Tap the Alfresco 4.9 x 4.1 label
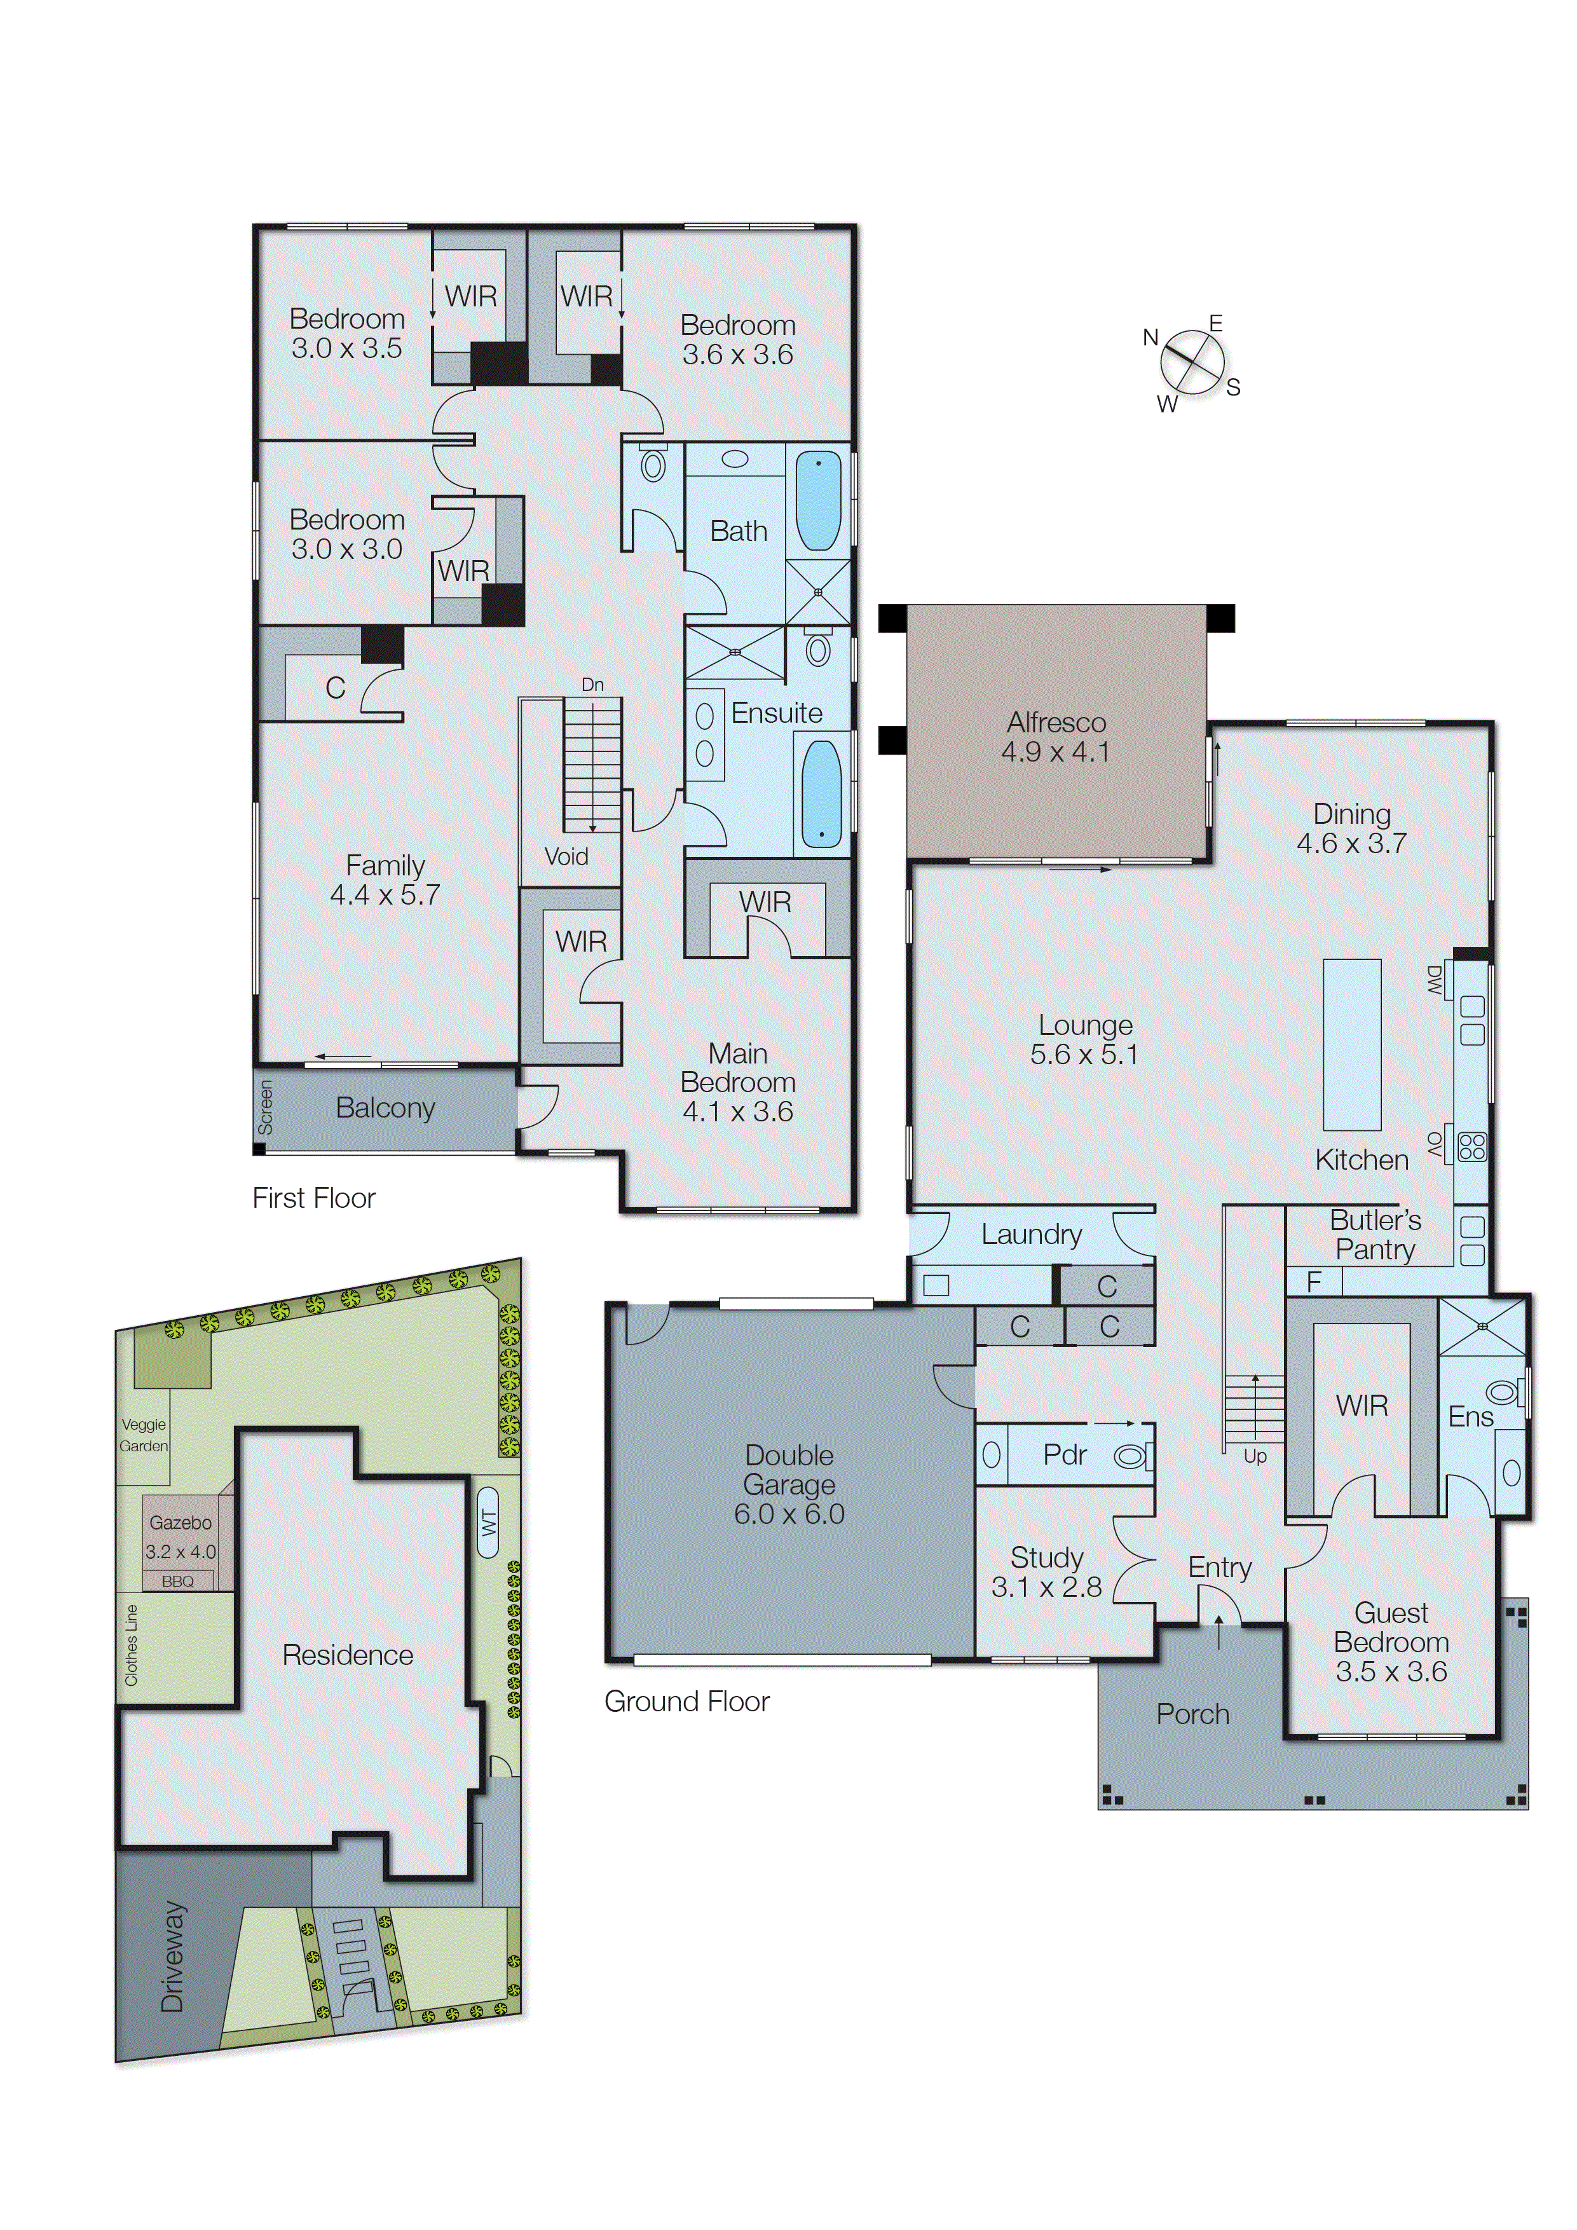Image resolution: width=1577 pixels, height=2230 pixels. pyautogui.click(x=1056, y=737)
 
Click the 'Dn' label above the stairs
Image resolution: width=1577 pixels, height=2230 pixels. pyautogui.click(x=592, y=685)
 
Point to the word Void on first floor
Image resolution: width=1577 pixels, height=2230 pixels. pyautogui.click(x=566, y=857)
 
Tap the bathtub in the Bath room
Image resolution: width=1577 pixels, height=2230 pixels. pyautogui.click(x=819, y=501)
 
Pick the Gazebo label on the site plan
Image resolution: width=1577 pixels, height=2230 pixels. pyautogui.click(x=181, y=1523)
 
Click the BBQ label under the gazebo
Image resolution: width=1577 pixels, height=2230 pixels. pyautogui.click(x=178, y=1581)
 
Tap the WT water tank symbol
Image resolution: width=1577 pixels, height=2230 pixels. pyautogui.click(x=488, y=1522)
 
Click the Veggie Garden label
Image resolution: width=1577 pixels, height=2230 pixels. pyautogui.click(x=144, y=1435)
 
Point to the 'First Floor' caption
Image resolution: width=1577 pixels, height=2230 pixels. pyautogui.click(x=313, y=1198)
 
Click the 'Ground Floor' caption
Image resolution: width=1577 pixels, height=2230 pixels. pyautogui.click(x=686, y=1702)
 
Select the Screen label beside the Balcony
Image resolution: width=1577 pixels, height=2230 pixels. pyautogui.click(x=265, y=1108)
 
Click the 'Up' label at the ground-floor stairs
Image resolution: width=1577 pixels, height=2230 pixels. pyautogui.click(x=1255, y=1457)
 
